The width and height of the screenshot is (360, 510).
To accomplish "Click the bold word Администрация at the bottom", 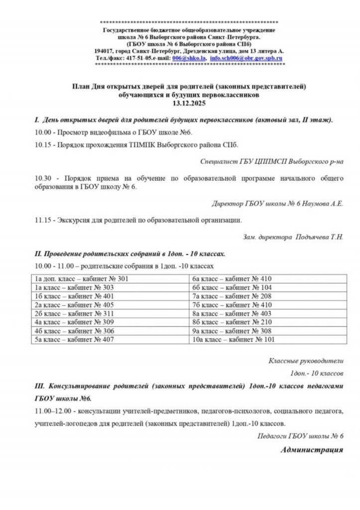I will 312,450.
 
